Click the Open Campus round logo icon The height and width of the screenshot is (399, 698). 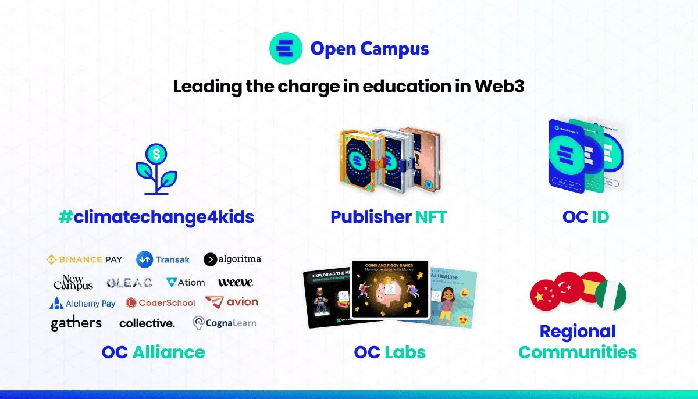tap(286, 48)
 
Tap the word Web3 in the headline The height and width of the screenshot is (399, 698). tap(500, 87)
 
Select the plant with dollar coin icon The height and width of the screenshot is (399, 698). tap(156, 169)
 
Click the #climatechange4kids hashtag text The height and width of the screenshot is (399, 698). tap(156, 217)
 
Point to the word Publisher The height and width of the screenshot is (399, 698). tap(371, 217)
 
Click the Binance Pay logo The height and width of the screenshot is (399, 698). tap(84, 259)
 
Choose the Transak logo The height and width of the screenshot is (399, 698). tap(163, 259)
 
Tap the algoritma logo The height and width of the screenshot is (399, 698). tap(233, 259)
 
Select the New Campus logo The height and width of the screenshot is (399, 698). tap(73, 283)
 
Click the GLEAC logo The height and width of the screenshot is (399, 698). tap(129, 283)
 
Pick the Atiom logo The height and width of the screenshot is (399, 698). tap(186, 283)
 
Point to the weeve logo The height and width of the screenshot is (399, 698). tap(235, 283)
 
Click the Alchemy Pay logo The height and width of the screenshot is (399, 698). tap(83, 303)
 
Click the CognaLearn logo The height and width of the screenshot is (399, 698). tap(224, 323)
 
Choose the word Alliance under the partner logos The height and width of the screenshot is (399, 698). tap(169, 352)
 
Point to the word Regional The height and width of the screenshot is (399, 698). tap(577, 332)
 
